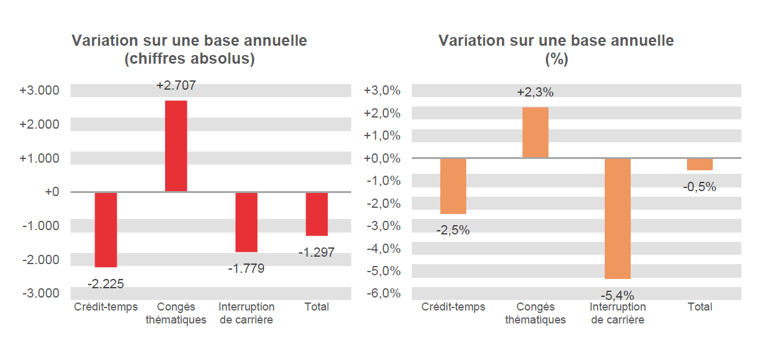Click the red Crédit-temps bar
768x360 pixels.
click(x=106, y=229)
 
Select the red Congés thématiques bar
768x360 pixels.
click(x=176, y=146)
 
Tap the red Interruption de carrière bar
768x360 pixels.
click(x=246, y=222)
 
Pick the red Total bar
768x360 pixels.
click(x=317, y=214)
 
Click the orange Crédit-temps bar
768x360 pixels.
click(x=453, y=186)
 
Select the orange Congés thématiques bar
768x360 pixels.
click(x=535, y=132)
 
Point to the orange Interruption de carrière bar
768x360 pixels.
click(x=618, y=218)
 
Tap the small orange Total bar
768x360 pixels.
click(x=700, y=164)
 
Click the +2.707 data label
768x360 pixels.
click(x=176, y=86)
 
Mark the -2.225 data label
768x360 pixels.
click(x=106, y=285)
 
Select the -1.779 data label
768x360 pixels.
click(x=246, y=269)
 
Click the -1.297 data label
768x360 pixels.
click(x=317, y=252)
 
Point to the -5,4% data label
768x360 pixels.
click(x=618, y=295)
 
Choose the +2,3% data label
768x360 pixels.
click(x=535, y=93)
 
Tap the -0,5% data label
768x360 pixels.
click(x=700, y=187)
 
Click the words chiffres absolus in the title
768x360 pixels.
click(x=189, y=59)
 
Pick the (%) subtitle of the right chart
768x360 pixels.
click(x=556, y=59)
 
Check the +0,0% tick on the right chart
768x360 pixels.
click(x=382, y=158)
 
